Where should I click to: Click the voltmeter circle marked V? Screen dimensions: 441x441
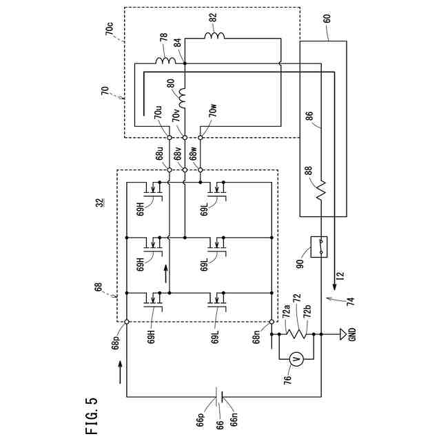click(x=296, y=359)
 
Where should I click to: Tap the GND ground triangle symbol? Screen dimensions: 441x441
click(x=343, y=334)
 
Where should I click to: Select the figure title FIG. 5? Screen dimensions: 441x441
click(x=92, y=416)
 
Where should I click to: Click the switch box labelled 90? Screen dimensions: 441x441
click(x=318, y=247)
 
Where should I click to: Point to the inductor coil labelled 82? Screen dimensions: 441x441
click(x=214, y=36)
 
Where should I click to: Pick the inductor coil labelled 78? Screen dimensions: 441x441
click(x=165, y=61)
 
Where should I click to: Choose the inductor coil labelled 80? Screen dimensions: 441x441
click(x=182, y=98)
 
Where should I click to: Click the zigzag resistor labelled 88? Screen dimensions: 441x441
click(x=321, y=190)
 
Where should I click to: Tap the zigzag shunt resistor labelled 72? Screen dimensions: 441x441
click(x=296, y=334)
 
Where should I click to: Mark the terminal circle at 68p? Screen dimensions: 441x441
click(x=127, y=322)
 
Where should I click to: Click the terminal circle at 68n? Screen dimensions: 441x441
click(x=271, y=322)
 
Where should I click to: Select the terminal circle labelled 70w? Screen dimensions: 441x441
click(x=201, y=138)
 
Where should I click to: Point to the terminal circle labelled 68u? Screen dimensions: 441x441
click(x=170, y=170)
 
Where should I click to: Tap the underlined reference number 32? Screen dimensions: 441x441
click(x=101, y=203)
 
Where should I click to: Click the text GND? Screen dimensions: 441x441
click(x=352, y=334)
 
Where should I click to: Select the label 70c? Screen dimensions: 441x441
click(x=110, y=30)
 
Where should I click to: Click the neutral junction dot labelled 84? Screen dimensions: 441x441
click(x=185, y=63)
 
